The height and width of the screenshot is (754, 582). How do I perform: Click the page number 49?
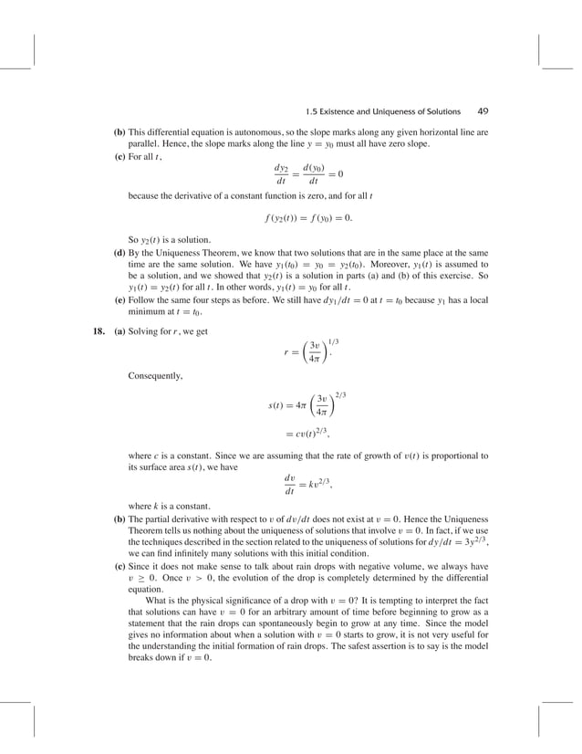pyautogui.click(x=483, y=112)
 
